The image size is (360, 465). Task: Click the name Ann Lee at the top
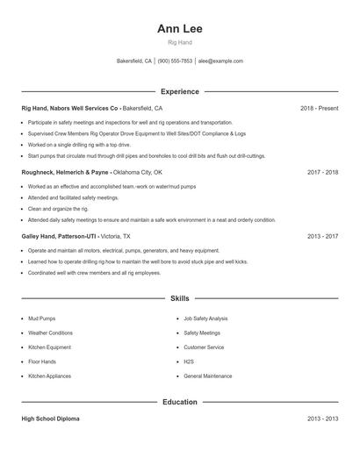179,29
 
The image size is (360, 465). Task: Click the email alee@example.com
220,61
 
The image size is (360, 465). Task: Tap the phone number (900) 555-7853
175,61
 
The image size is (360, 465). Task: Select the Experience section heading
179,91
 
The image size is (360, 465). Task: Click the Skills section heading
179,298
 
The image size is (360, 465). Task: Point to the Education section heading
179,402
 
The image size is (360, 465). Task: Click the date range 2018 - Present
319,108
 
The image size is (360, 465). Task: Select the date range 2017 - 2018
322,173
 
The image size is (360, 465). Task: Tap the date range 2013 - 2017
322,237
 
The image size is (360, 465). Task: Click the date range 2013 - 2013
322,418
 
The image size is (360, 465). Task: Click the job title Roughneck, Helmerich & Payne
66,173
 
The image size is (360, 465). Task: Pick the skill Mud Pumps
41,318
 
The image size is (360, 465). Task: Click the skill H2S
189,361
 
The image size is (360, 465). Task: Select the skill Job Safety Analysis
205,318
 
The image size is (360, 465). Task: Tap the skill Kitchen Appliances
49,376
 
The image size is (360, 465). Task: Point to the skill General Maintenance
208,376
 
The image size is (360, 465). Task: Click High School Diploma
50,418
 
